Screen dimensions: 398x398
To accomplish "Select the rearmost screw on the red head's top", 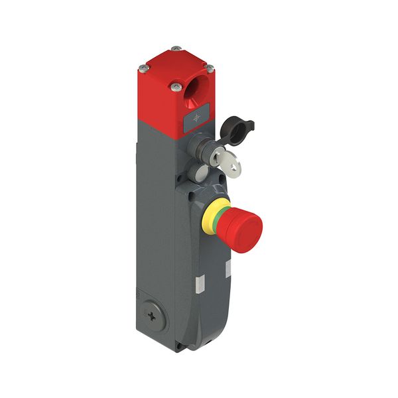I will click(174, 48).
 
